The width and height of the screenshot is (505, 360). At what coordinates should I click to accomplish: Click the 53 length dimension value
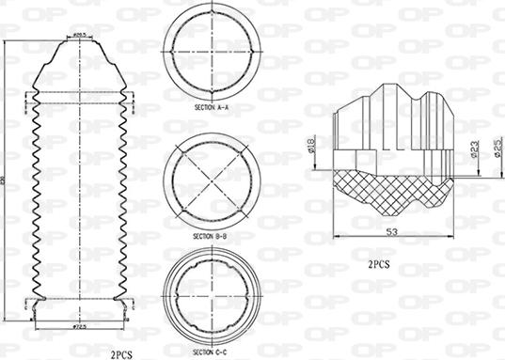tap(390, 230)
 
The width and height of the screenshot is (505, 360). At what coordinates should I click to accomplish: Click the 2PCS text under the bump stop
tap(380, 266)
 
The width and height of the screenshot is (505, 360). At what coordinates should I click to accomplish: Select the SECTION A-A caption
tap(210, 109)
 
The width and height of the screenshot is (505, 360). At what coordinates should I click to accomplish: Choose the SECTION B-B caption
tap(210, 235)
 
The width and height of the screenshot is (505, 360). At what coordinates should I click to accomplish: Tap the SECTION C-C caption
tap(210, 351)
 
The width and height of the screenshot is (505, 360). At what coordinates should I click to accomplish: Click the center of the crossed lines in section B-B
tap(211, 179)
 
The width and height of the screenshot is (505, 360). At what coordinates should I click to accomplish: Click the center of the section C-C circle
tap(211, 299)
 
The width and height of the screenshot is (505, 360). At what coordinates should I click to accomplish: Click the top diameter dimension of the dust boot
tap(80, 35)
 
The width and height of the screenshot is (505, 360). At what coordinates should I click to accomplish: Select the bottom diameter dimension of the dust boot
tap(80, 325)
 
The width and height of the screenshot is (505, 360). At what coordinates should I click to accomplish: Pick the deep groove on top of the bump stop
tap(416, 96)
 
